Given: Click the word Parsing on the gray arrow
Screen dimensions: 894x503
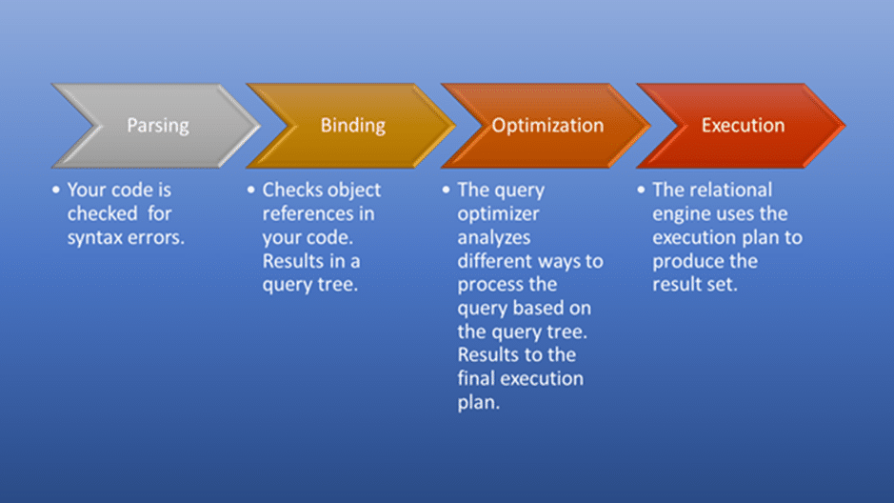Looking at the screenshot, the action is pyautogui.click(x=158, y=126).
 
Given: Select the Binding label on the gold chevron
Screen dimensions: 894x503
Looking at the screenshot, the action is pyautogui.click(x=353, y=126).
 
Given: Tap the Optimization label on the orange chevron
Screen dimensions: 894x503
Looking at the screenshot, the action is pyautogui.click(x=547, y=126).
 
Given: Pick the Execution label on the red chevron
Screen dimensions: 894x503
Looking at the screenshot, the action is pyautogui.click(x=743, y=126).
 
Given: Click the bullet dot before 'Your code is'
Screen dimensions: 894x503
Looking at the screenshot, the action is pyautogui.click(x=56, y=190).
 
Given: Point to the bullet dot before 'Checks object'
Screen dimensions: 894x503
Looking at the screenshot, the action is pyautogui.click(x=250, y=190).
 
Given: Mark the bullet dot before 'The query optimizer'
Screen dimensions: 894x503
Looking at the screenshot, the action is pyautogui.click(x=446, y=190).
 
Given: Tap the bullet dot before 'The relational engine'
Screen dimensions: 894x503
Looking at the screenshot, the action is pyautogui.click(x=641, y=190).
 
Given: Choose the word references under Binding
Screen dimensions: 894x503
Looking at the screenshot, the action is pyautogui.click(x=308, y=213).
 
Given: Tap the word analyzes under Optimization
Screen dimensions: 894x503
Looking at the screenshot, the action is pyautogui.click(x=494, y=238).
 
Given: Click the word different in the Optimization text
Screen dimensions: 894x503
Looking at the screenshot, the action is pyautogui.click(x=494, y=261).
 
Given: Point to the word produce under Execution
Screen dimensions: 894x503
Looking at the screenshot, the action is pyautogui.click(x=687, y=262).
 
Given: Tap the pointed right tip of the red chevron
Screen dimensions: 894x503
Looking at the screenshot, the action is pyautogui.click(x=844, y=126).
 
